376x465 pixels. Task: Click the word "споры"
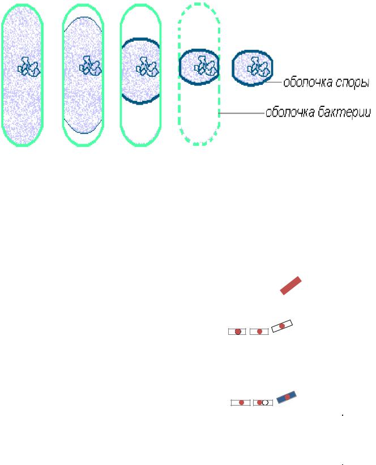(352, 84)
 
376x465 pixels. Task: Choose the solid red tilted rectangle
(292, 285)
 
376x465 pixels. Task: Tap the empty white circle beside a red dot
(265, 403)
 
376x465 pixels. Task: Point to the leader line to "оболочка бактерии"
(241, 114)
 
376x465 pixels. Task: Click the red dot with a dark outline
(238, 331)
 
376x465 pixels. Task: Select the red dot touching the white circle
(259, 403)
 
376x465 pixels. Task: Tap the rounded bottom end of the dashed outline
(198, 140)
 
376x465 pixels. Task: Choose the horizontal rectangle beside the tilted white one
(259, 331)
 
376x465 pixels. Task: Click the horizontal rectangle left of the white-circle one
(241, 403)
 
